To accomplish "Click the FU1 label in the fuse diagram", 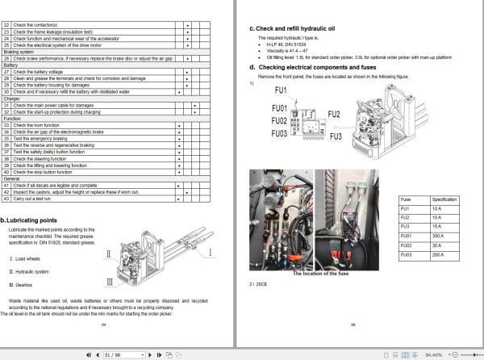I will [x=280, y=90].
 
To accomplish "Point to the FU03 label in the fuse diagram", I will [x=279, y=133].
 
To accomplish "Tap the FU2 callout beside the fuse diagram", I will [x=335, y=114].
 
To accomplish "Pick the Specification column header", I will [x=444, y=199].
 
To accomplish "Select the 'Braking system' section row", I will [x=20, y=52].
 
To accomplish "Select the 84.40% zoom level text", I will [x=434, y=354].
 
